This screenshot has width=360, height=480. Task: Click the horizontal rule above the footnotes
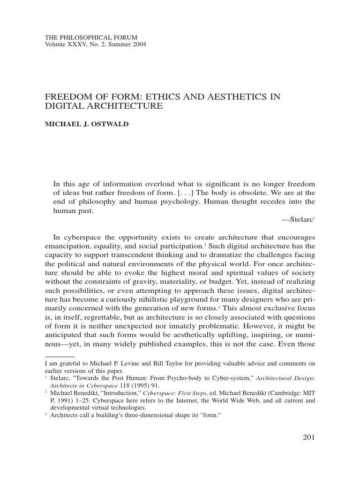click(x=59, y=357)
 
